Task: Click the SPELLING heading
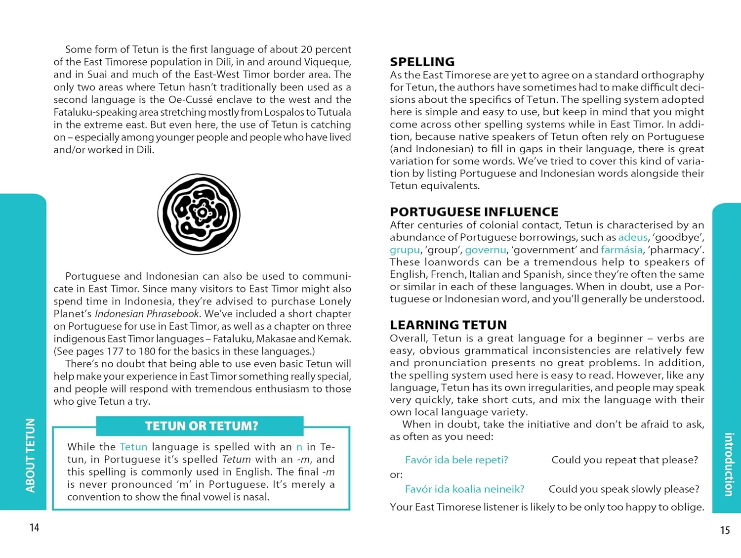click(x=422, y=62)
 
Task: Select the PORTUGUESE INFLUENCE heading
click(x=474, y=212)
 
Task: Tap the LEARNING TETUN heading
click(x=448, y=325)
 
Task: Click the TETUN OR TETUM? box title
click(x=201, y=426)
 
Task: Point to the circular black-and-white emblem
click(x=199, y=214)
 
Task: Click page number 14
click(x=34, y=527)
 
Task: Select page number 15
click(x=725, y=530)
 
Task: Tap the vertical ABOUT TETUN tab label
click(x=31, y=455)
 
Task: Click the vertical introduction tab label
click(x=729, y=464)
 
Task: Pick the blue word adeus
click(x=632, y=237)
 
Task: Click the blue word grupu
click(x=405, y=250)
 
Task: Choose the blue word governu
click(x=485, y=250)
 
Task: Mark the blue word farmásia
click(x=621, y=250)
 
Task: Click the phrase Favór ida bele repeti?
click(x=456, y=460)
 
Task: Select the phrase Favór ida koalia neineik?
click(x=464, y=489)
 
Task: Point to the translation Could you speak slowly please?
click(x=624, y=489)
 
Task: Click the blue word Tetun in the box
click(x=133, y=447)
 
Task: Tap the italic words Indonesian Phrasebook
click(x=147, y=314)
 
